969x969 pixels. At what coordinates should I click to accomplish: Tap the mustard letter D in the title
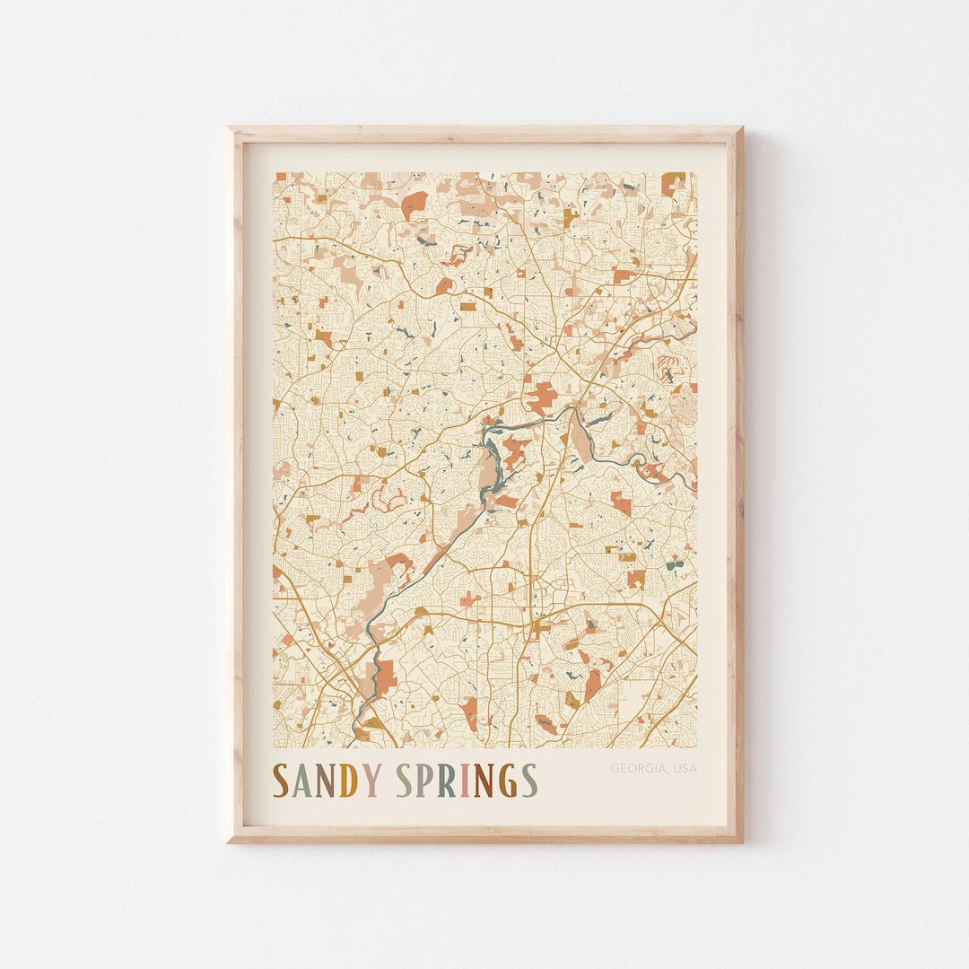346,781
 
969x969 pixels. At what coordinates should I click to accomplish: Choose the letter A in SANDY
301,781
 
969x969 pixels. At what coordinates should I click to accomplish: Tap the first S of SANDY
281,781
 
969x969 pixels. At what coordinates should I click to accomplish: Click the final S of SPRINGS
530,781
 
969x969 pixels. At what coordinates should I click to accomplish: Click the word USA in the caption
684,768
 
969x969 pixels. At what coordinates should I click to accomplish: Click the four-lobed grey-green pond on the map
675,564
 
